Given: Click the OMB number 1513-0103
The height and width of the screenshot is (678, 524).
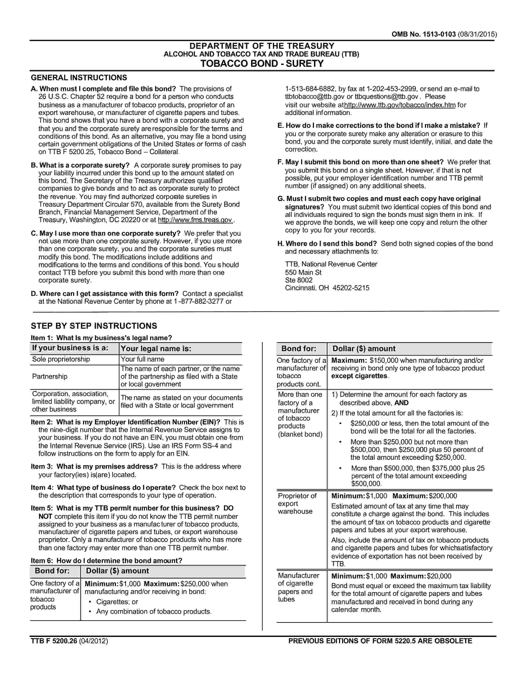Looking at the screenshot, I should point(424,34).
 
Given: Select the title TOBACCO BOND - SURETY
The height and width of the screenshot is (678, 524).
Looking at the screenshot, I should point(262,64).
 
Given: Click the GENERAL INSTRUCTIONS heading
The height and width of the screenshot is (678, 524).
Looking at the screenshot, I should point(79,78).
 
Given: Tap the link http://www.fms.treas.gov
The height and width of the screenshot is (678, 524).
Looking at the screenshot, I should point(195,220).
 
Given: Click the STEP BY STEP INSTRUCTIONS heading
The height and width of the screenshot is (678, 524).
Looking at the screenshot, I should point(94,326).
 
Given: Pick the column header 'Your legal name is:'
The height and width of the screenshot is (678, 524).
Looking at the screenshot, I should point(156,349).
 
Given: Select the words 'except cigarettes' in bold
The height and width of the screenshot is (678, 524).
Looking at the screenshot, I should point(359,376).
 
